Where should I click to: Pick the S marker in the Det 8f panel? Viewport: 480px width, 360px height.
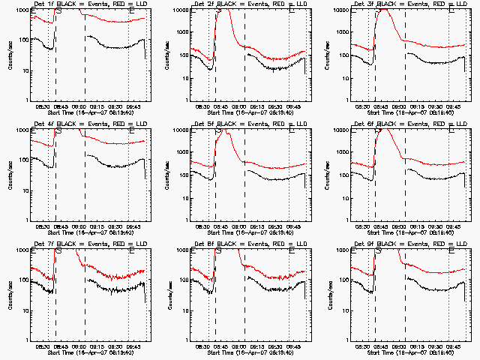coord(217,251)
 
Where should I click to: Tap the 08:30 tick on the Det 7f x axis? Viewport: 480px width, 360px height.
coord(43,346)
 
